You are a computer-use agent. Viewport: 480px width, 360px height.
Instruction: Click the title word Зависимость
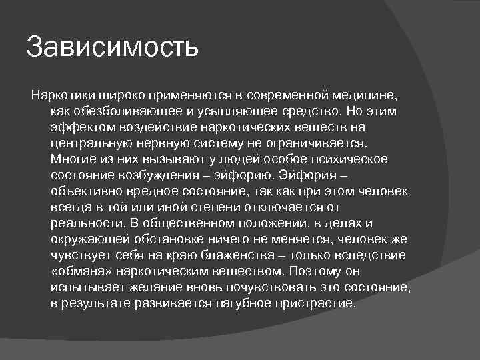112,49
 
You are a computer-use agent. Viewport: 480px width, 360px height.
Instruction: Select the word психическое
339,159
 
